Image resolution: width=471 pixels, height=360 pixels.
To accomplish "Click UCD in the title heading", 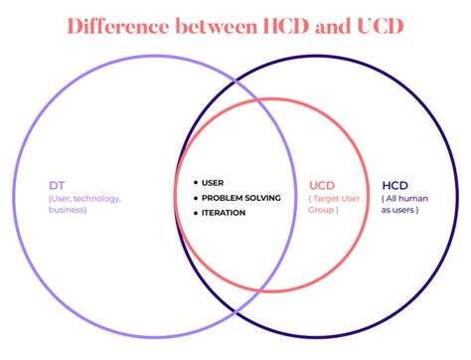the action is (379, 26).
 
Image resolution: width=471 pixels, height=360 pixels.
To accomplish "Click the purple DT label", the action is (56, 185).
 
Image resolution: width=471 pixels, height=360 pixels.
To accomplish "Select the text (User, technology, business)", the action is (84, 204).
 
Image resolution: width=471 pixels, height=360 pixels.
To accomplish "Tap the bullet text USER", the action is (213, 182).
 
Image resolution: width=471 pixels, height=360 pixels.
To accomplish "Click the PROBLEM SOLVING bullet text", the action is (240, 197).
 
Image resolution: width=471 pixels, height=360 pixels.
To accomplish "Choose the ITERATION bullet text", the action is (224, 212).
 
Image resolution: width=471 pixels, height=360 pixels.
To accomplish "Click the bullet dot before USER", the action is (195, 182).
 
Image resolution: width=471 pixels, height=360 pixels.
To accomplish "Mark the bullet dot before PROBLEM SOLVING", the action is (195, 197).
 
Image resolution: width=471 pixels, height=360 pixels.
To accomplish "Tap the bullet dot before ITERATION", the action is (195, 212).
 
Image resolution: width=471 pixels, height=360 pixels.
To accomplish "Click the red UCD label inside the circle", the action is (322, 185).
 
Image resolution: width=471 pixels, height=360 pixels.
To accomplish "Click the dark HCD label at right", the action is (395, 185).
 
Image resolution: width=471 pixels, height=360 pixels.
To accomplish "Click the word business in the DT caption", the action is (69, 210).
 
